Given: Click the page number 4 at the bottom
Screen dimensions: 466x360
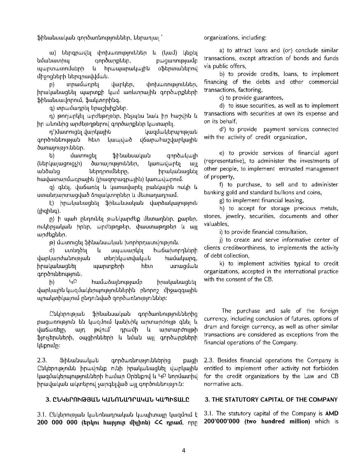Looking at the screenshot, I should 184,450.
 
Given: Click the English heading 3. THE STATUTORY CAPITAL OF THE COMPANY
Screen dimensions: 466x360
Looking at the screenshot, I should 271,400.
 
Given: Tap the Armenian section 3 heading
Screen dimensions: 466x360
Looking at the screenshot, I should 117,400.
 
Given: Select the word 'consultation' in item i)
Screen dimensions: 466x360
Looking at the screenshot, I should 292,232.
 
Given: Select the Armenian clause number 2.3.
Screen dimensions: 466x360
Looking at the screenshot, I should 42,360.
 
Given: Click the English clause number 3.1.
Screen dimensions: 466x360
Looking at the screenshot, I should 209,413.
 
